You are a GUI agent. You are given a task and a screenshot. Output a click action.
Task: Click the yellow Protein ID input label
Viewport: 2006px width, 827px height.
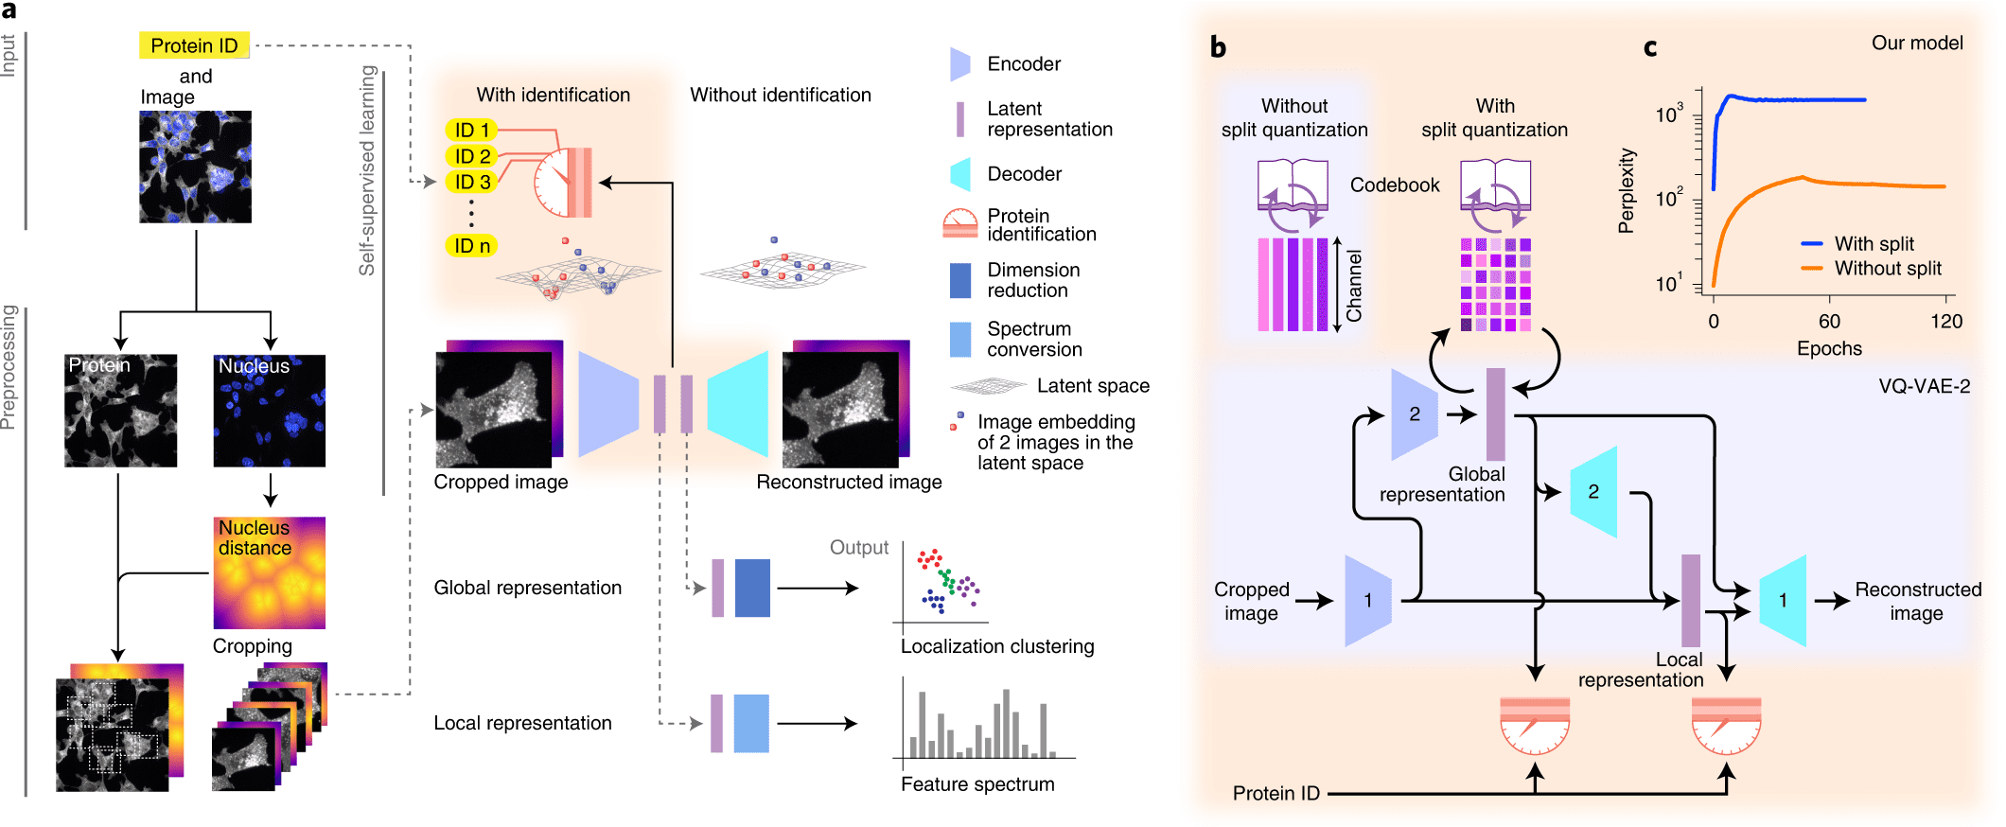pos(194,45)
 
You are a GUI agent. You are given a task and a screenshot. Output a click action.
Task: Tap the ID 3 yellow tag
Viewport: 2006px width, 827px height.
pos(471,182)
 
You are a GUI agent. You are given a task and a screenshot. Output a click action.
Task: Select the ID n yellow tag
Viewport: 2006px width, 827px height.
pos(471,246)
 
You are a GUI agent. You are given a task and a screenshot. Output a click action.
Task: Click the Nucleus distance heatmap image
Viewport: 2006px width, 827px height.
pos(270,573)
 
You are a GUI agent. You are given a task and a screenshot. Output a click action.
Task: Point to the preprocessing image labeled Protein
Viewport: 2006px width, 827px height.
pos(120,411)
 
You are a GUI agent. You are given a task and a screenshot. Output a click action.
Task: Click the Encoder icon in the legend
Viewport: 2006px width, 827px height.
pos(959,64)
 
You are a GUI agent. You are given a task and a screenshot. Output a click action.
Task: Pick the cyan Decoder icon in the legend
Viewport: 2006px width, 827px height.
pos(959,174)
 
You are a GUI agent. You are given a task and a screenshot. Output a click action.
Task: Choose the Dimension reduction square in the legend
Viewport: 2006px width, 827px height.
pos(959,280)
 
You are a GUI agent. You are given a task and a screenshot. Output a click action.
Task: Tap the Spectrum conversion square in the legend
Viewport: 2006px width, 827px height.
pos(959,339)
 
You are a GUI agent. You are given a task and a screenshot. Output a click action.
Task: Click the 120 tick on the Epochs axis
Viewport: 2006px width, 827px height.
pos(1945,322)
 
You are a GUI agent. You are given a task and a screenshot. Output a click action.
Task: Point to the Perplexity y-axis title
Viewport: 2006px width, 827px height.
pos(1626,190)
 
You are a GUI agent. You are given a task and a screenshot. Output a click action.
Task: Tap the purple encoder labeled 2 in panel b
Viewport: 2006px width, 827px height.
pos(1414,414)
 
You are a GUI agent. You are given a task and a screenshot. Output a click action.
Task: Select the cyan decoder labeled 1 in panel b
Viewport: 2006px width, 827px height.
pos(1783,601)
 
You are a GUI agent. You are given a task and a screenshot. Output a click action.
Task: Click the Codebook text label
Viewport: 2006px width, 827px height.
pos(1394,185)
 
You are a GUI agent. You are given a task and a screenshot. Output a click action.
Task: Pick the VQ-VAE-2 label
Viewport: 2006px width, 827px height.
pos(1924,386)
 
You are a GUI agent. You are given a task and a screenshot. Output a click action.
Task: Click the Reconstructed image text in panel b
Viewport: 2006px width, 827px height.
pos(1917,601)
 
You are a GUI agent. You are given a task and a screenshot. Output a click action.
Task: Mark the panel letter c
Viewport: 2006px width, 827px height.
pos(1649,47)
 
